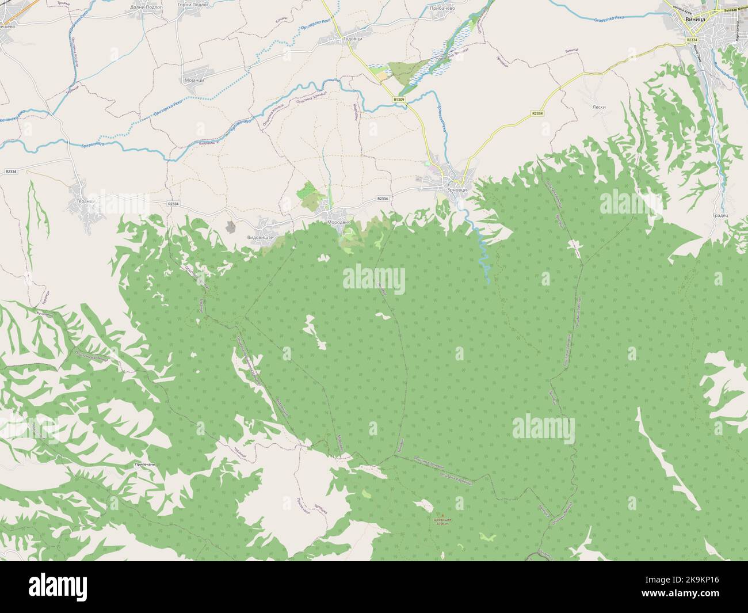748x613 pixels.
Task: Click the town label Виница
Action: [x=697, y=19]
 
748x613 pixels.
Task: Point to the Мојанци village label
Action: [x=194, y=81]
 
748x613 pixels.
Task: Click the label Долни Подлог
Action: [x=131, y=7]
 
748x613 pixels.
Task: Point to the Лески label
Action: [x=598, y=107]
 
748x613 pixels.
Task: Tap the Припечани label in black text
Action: [x=144, y=464]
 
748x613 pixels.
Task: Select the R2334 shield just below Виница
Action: [x=692, y=39]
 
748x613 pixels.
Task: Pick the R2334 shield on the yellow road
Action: [x=537, y=113]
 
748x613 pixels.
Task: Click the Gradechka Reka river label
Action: [x=607, y=19]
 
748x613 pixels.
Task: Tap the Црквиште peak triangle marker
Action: [x=442, y=514]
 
